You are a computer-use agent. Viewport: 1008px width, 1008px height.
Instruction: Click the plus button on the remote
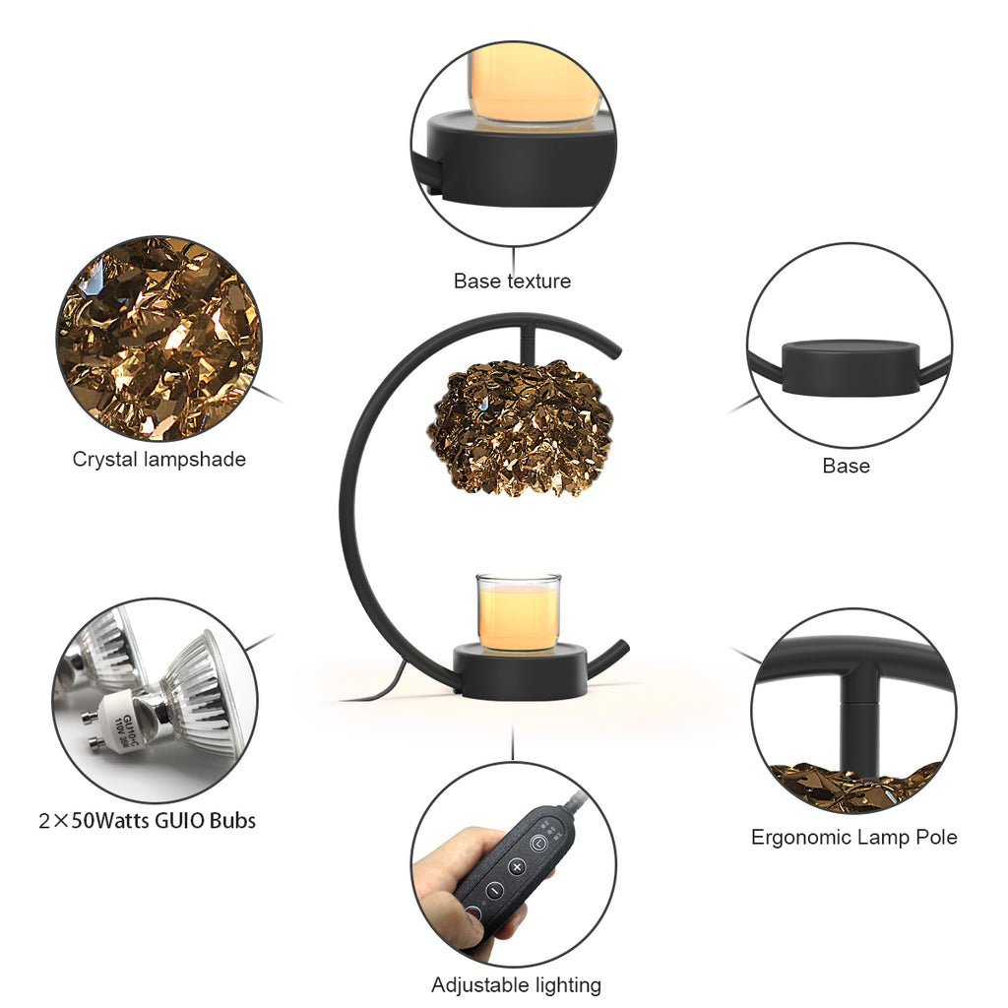tap(517, 866)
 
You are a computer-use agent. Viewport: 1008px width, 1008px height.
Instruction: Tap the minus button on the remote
tap(494, 890)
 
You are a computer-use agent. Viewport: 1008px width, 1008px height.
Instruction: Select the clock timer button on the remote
tap(538, 843)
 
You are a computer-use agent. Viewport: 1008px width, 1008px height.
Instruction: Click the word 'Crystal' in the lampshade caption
tap(105, 460)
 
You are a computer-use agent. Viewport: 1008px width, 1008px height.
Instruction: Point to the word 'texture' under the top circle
tap(538, 281)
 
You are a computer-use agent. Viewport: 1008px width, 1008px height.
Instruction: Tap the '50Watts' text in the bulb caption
tap(112, 820)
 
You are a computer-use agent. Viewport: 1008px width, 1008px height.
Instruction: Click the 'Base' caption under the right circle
tap(846, 466)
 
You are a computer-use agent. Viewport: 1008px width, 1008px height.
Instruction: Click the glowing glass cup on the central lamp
tap(518, 613)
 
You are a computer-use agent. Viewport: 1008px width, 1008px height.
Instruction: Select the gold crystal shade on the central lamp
tap(520, 427)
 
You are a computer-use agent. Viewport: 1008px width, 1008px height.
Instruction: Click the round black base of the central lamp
tap(521, 672)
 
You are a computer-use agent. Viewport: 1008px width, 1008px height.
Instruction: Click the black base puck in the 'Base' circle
tap(850, 368)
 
